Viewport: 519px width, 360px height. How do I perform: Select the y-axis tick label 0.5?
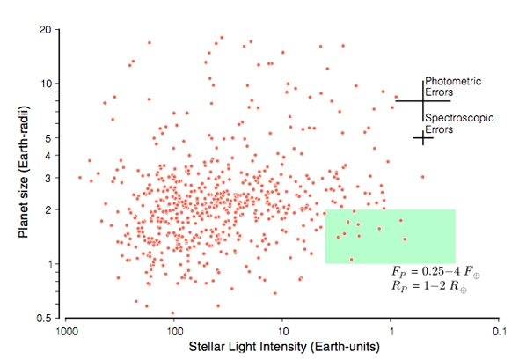coord(46,318)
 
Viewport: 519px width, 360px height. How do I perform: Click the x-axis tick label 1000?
coord(64,333)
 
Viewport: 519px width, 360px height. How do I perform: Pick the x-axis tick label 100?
coord(173,333)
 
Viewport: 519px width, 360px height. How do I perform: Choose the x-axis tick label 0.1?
coord(501,333)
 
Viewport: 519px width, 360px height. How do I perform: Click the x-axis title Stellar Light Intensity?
coord(284,349)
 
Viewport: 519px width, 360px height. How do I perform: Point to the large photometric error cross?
coord(423,100)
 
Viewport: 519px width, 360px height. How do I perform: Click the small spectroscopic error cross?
coord(423,137)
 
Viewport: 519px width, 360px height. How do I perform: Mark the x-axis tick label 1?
coord(391,333)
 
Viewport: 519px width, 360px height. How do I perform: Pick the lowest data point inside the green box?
coord(351,259)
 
